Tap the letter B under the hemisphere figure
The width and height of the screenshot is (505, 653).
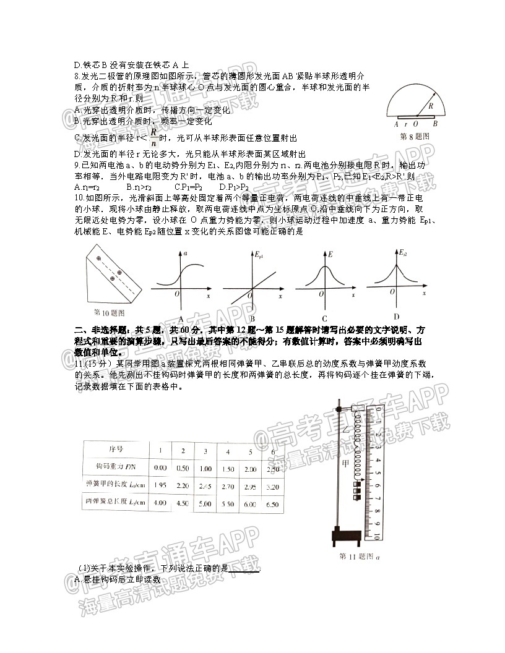tap(435, 124)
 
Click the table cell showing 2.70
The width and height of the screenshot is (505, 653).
tap(227, 487)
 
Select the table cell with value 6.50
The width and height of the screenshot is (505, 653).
tap(272, 504)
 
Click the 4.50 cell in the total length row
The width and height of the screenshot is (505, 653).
tap(183, 504)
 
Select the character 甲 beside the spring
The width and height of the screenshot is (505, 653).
tap(345, 462)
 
